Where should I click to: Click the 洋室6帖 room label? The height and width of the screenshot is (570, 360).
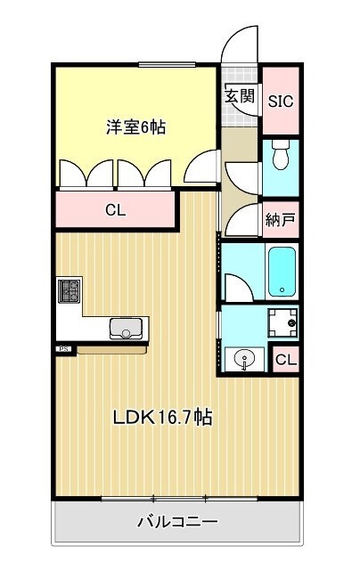pyautogui.click(x=136, y=127)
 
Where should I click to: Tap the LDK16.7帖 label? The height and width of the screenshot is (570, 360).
pyautogui.click(x=161, y=417)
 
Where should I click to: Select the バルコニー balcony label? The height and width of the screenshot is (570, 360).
pyautogui.click(x=177, y=522)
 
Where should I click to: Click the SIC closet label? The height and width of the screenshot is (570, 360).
pyautogui.click(x=281, y=101)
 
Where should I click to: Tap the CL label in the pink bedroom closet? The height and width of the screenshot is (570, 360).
pyautogui.click(x=115, y=211)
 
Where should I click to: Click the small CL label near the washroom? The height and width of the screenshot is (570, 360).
pyautogui.click(x=285, y=360)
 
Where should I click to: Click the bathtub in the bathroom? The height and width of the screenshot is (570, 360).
pyautogui.click(x=282, y=271)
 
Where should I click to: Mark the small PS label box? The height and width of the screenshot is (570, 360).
pyautogui.click(x=64, y=349)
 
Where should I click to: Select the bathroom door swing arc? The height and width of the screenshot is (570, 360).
pyautogui.click(x=237, y=288)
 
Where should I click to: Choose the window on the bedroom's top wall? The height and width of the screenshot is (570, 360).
pyautogui.click(x=167, y=63)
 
